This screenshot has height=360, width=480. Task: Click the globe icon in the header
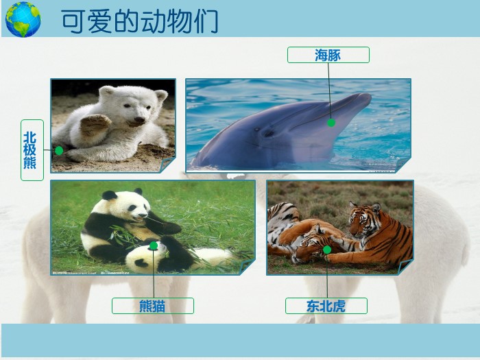23,19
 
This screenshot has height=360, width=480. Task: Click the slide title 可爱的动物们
139,21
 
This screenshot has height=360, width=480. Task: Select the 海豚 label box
328,55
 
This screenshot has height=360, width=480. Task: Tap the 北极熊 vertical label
32,150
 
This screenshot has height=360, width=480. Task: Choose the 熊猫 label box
152,306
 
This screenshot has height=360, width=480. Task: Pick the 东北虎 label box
326,306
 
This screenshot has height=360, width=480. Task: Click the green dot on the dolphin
331,123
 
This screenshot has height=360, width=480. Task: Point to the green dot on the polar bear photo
59,150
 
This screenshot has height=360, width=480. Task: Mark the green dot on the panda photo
154,245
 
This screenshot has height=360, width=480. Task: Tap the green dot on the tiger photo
327,250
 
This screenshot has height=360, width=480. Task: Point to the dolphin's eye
268,132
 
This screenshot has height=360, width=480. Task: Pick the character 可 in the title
73,21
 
